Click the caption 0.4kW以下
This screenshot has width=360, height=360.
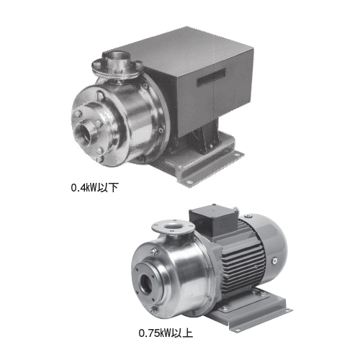point(95,188)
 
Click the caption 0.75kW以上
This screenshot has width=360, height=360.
point(166,333)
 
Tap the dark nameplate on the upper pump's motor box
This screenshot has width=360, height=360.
point(211,76)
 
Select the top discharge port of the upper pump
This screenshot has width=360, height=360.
point(116,60)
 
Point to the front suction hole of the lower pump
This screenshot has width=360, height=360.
point(145,283)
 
